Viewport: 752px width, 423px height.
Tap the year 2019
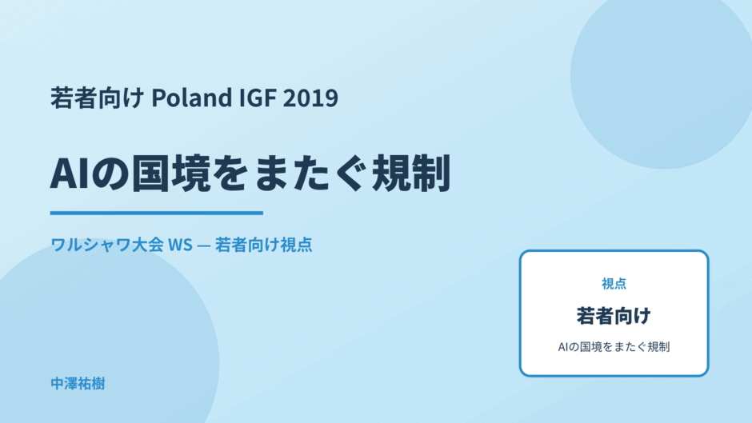click(x=310, y=98)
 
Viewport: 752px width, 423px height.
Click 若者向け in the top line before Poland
click(x=98, y=98)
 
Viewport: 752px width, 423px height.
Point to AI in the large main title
click(x=70, y=174)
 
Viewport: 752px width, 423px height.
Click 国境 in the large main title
click(x=171, y=174)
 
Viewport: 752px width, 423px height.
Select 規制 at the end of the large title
click(x=411, y=174)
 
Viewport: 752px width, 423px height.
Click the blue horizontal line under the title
click(x=157, y=213)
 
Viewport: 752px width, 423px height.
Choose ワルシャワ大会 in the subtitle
click(x=107, y=245)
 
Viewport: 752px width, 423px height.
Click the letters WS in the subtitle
click(x=180, y=245)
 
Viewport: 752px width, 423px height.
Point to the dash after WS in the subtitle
click(x=204, y=245)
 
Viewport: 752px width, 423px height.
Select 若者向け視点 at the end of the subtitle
click(x=264, y=245)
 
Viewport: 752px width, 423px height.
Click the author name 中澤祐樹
click(x=78, y=384)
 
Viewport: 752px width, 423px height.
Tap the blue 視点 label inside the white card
click(x=614, y=284)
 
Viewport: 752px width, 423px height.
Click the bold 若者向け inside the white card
click(x=614, y=316)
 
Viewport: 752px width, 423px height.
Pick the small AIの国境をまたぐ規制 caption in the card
click(x=614, y=347)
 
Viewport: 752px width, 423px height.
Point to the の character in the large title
click(x=110, y=174)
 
